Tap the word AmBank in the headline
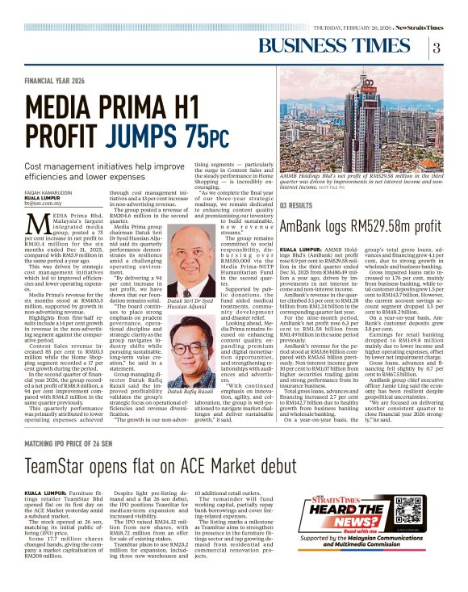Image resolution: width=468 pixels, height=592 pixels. coord(306,226)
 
